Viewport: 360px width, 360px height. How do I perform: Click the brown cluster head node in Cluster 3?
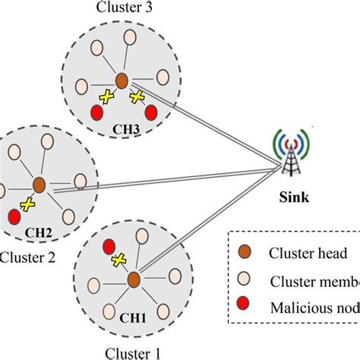click(x=121, y=80)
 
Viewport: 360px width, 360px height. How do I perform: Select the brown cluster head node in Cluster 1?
click(x=134, y=279)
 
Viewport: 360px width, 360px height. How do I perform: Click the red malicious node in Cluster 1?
click(x=109, y=245)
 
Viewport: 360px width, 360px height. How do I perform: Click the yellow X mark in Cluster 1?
click(x=118, y=261)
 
